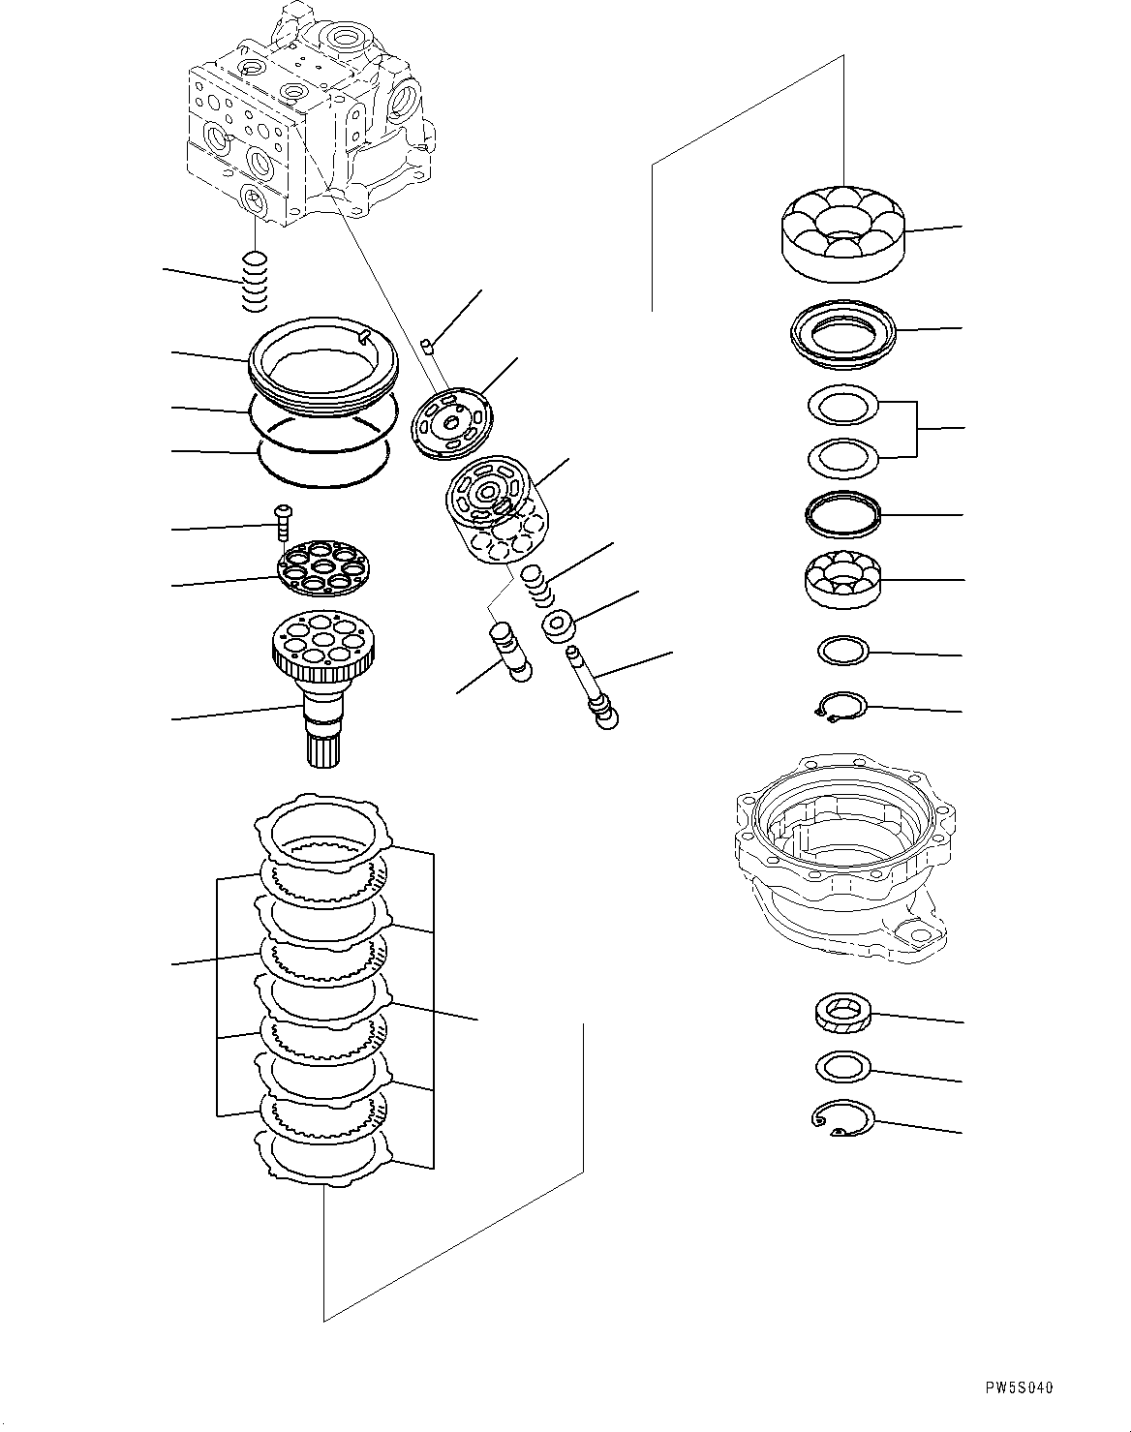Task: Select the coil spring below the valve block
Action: pyautogui.click(x=254, y=282)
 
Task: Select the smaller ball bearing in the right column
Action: pyautogui.click(x=842, y=580)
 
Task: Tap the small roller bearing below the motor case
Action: pyautogui.click(x=842, y=1014)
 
